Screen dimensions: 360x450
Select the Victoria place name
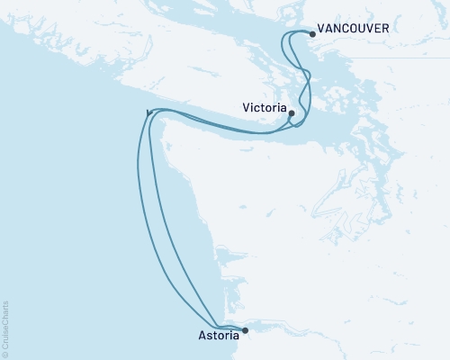coord(265,107)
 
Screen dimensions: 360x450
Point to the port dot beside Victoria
coord(292,112)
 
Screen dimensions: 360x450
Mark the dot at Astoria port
coord(245,329)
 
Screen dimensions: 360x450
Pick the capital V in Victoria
coord(247,107)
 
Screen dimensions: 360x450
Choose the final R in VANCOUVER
coord(386,29)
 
